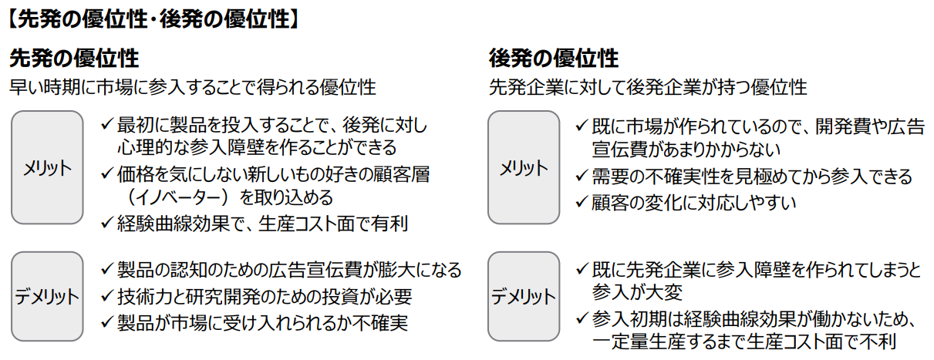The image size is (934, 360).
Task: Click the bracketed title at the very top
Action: tap(153, 20)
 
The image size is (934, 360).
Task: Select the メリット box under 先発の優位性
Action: tap(47, 167)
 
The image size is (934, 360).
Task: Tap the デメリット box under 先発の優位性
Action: tap(47, 296)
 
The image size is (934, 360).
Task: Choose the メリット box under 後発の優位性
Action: tap(524, 167)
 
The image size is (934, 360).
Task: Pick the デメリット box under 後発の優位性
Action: tap(524, 296)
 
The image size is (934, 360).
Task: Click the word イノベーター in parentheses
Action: tap(181, 197)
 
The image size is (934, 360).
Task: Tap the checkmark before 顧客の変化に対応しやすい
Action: tap(582, 202)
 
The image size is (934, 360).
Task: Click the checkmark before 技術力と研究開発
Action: tap(107, 296)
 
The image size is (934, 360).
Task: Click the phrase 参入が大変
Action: tap(637, 292)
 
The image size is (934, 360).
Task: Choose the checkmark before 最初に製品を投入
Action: tap(107, 125)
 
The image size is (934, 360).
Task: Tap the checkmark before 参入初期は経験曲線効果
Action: tap(582, 319)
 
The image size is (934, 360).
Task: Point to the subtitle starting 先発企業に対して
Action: tap(648, 88)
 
